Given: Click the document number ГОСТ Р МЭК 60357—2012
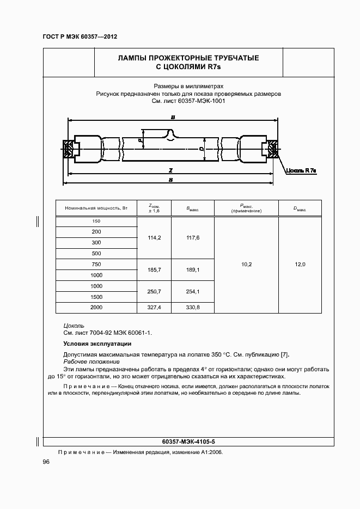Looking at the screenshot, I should coord(80,36).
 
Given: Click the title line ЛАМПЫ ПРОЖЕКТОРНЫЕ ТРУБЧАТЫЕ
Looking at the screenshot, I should coord(188,58).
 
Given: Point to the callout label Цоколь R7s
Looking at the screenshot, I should coord(301,170).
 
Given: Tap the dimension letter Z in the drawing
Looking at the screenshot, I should coord(171,170).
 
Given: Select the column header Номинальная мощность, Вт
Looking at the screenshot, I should coord(96,208).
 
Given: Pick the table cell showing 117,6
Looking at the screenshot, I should coord(193,238).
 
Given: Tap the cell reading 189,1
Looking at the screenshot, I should coord(193,269).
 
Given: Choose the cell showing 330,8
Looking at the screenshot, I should coord(193,308).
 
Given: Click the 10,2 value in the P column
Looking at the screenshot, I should coord(246,265).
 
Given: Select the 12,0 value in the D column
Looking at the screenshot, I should coord(300,265).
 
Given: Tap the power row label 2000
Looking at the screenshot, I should coord(96,308).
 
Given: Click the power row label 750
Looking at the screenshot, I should coord(96,265).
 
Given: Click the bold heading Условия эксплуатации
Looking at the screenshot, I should coord(97,344).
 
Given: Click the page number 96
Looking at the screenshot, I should coord(46,462).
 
